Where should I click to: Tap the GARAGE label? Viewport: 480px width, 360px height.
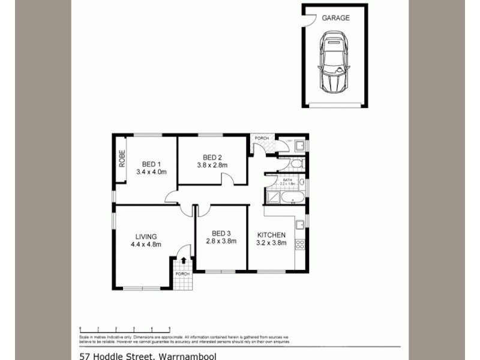335,18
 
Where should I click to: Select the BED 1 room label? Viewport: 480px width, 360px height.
151,164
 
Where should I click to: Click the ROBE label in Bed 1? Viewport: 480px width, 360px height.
121,159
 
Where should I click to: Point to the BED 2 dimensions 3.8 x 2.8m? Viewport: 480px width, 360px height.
212,166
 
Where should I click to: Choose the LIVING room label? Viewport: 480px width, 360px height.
143,235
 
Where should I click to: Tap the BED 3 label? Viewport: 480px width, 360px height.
221,233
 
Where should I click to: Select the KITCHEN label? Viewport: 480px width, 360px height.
272,235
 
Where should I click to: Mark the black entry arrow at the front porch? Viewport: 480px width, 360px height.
183,259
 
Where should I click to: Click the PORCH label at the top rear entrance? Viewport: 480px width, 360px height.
262,139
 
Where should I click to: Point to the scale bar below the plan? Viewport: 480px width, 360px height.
125,329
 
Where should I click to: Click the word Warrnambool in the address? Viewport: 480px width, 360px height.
186,356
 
